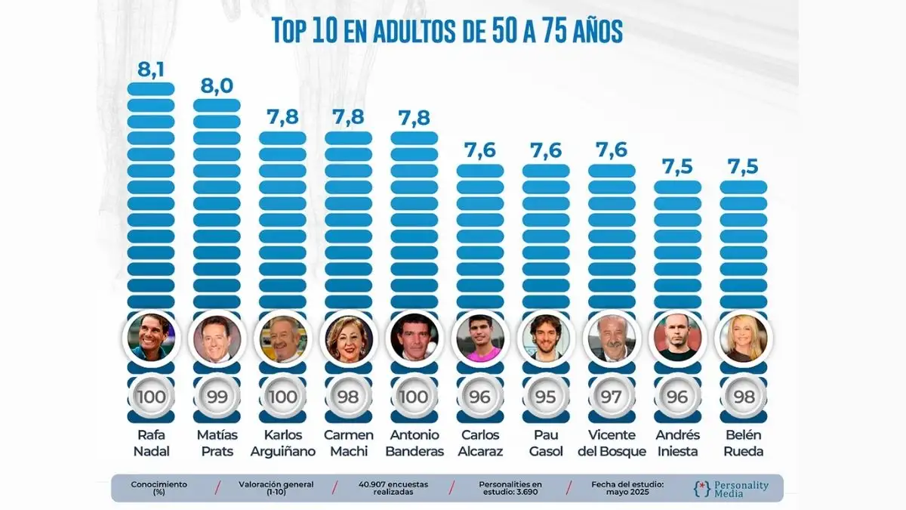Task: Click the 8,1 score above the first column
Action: (x=151, y=70)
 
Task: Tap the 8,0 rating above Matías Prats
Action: (x=217, y=86)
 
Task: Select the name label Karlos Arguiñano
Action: (x=282, y=443)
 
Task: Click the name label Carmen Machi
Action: (x=348, y=443)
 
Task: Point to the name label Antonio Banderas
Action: (x=414, y=443)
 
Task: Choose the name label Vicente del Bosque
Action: (x=612, y=443)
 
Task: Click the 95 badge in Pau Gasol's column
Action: (x=546, y=397)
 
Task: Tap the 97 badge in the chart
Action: (x=612, y=397)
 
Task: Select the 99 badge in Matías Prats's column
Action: (x=217, y=397)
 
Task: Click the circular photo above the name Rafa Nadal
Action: (x=151, y=338)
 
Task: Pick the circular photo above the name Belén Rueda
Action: (x=744, y=338)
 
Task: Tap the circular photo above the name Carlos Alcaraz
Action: (x=480, y=338)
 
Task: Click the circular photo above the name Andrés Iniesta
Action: (x=677, y=338)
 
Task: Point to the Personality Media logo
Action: (x=731, y=489)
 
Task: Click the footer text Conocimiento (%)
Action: (x=159, y=488)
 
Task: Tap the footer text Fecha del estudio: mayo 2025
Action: (x=627, y=488)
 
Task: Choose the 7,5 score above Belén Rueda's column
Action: (x=743, y=166)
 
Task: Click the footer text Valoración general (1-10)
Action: (x=276, y=488)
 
